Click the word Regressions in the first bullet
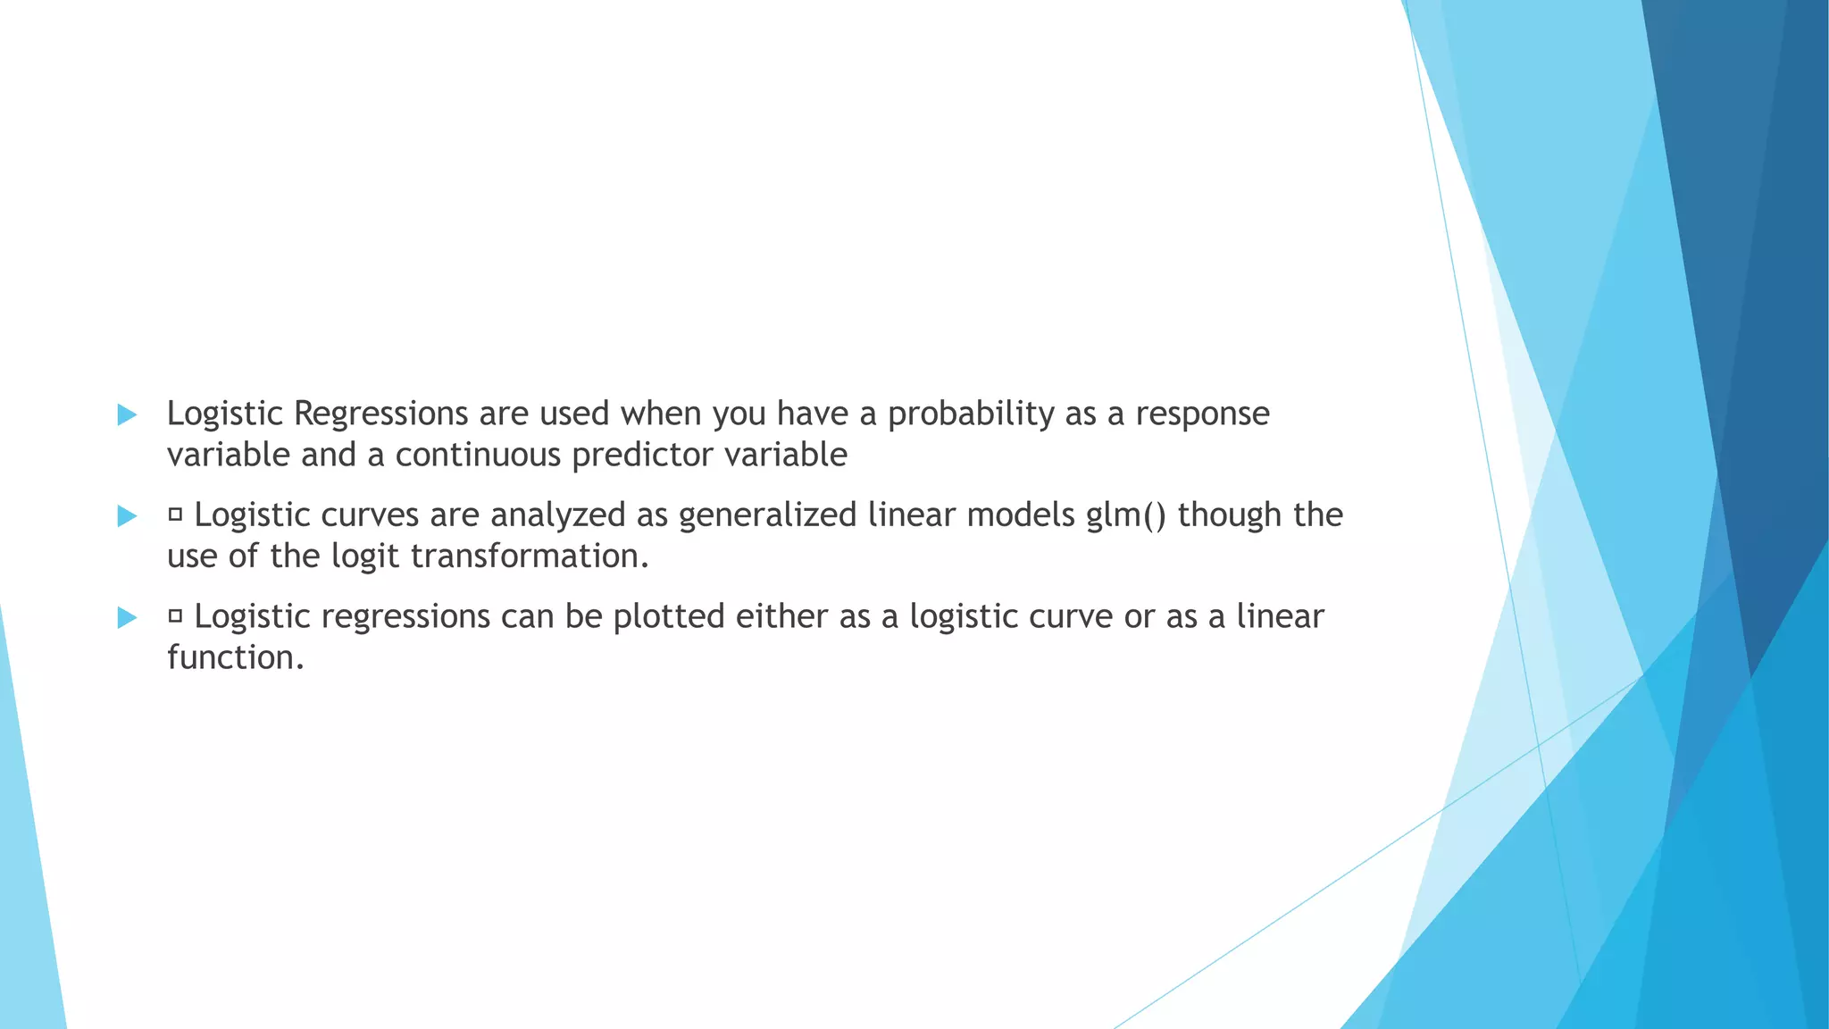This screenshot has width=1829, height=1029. [380, 414]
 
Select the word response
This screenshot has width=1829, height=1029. [1202, 414]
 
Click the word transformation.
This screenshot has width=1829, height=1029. [530, 556]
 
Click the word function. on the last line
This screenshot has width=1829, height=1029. [236, 657]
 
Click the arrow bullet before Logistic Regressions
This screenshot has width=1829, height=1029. [127, 414]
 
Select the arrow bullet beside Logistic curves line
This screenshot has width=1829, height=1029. [127, 515]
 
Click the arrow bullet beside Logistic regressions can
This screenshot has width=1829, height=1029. [127, 617]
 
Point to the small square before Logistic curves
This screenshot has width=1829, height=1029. [175, 514]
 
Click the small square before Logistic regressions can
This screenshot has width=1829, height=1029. [175, 616]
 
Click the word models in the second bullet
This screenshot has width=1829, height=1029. [1021, 515]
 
